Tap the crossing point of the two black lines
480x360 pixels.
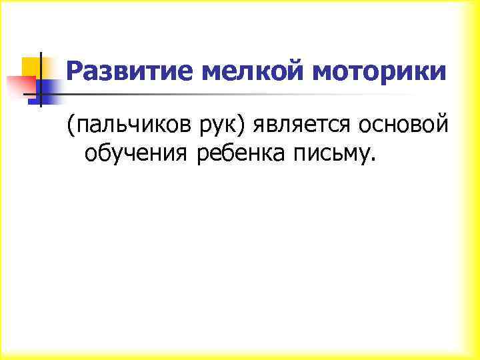click(x=40, y=94)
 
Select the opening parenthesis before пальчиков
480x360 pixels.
click(x=69, y=125)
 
